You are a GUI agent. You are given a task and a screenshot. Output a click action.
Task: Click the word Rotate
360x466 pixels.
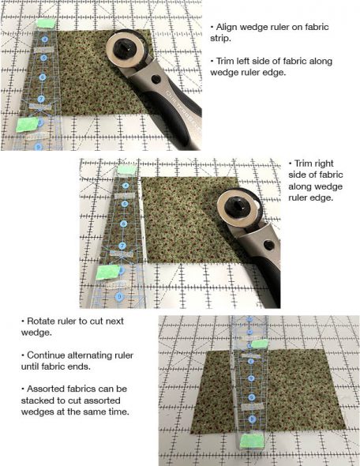pos(43,321)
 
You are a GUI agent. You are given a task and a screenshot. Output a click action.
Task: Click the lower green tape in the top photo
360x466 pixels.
pos(28,123)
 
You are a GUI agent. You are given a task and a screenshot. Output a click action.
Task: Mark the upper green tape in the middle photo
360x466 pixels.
pos(126,168)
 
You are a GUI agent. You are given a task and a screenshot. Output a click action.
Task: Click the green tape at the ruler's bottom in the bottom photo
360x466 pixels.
pos(253,438)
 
